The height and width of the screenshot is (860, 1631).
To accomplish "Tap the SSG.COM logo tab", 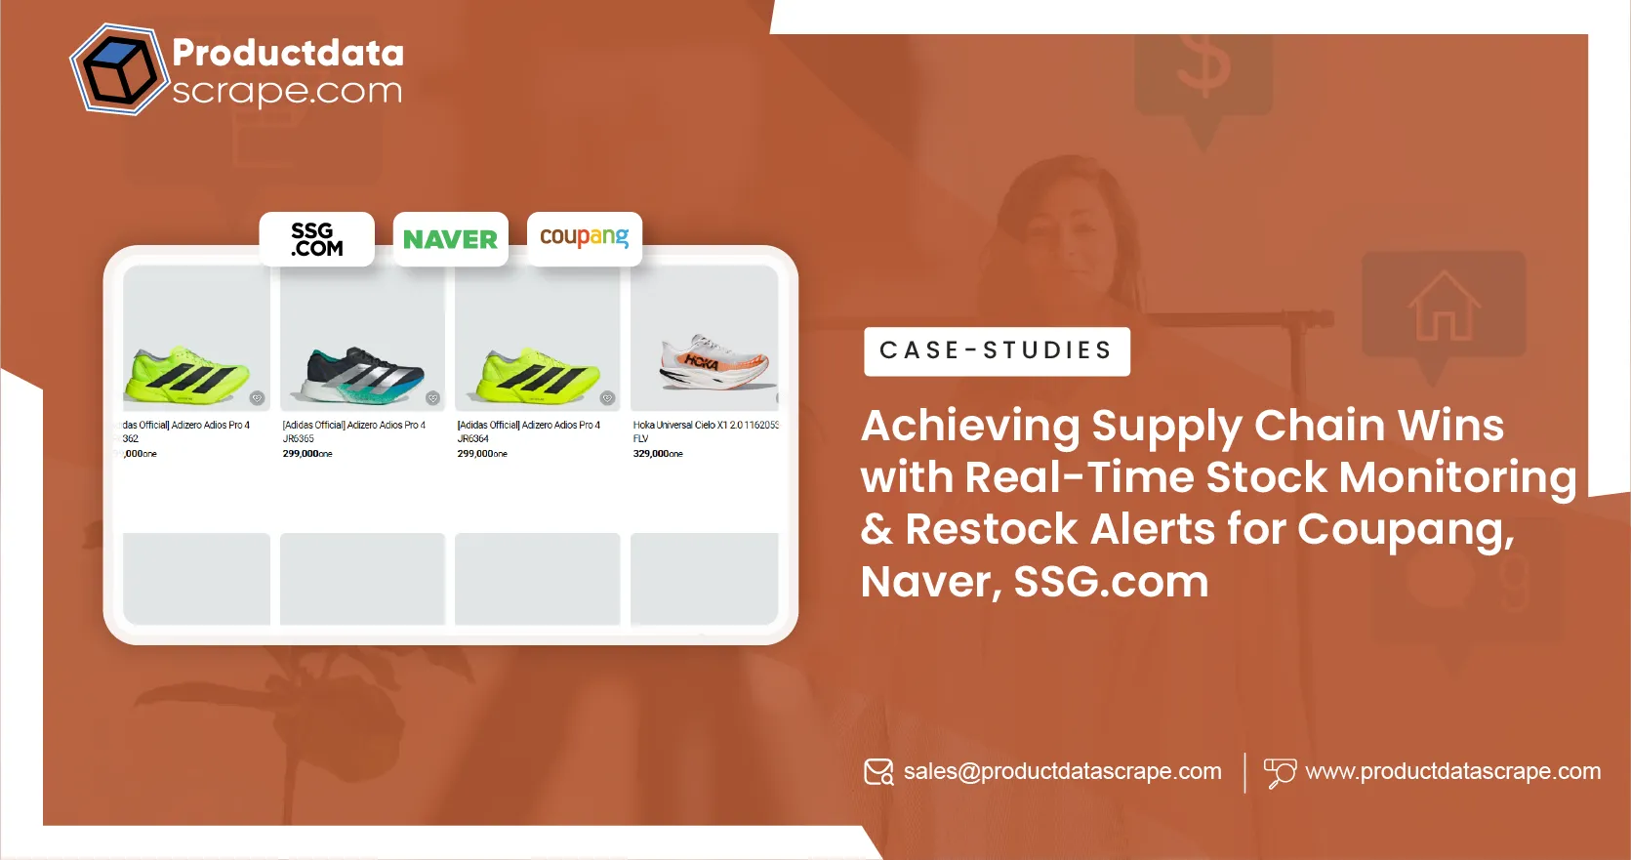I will (316, 239).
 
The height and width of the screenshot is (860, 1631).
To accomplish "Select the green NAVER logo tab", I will (450, 239).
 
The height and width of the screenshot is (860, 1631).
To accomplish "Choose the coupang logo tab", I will (584, 237).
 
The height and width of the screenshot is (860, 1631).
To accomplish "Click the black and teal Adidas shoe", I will (364, 376).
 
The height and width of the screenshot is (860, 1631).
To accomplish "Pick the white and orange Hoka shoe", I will (716, 362).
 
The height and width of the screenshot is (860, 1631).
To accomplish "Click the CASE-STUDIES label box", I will (996, 350).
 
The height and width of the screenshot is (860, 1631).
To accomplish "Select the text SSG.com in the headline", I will (1111, 583).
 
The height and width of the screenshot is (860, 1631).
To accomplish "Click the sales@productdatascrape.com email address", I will (1062, 771).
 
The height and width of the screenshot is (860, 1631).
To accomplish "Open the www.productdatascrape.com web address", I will (1452, 771).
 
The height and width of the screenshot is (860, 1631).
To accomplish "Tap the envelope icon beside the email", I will (878, 772).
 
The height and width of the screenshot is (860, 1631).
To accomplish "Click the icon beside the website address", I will (1279, 772).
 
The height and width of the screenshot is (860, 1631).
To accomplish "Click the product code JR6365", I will (299, 439).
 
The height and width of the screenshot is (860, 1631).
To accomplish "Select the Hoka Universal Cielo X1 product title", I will (705, 426).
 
